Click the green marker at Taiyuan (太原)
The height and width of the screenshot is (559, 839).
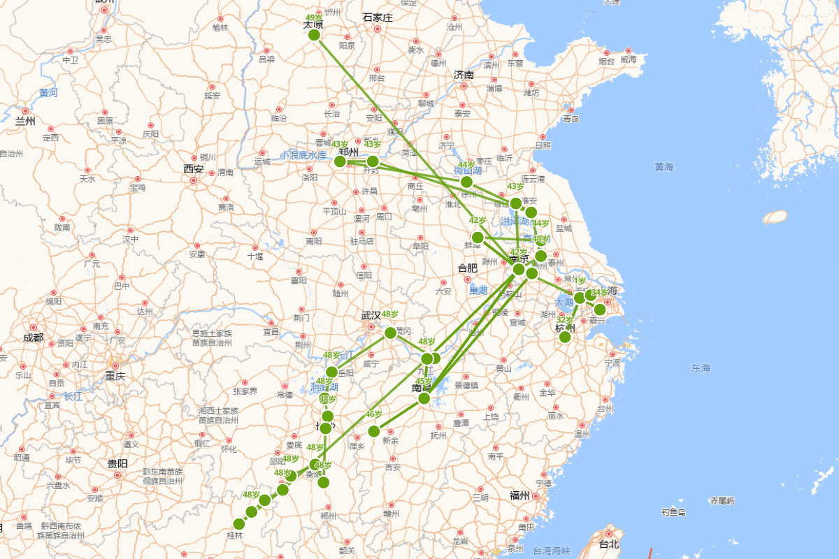[314, 35]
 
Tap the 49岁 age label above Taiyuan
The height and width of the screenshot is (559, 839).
[314, 18]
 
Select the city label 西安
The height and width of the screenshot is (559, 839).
[193, 169]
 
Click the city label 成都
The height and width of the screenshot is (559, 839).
[33, 337]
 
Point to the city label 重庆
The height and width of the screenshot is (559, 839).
[115, 377]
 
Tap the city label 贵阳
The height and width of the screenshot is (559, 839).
[117, 463]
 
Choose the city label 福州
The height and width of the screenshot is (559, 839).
[519, 495]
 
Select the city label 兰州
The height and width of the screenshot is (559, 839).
[25, 121]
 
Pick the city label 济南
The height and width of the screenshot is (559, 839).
[464, 75]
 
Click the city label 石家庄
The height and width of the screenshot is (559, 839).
[378, 17]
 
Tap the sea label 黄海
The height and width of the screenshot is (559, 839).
[664, 166]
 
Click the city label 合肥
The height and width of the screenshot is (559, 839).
[468, 268]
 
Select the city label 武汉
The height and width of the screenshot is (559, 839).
[371, 315]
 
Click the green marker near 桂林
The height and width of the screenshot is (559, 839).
[239, 524]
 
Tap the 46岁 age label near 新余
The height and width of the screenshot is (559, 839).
[374, 414]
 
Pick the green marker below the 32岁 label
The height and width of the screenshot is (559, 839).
[565, 337]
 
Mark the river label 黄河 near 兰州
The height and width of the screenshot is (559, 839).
[49, 92]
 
